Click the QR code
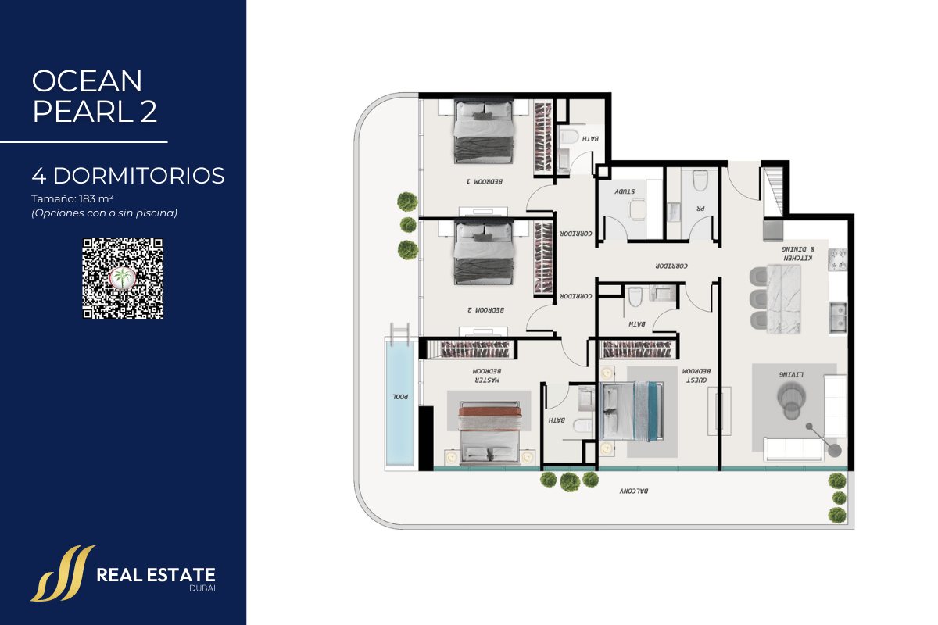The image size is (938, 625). click(123, 278)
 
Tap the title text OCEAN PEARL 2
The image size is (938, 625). click(95, 96)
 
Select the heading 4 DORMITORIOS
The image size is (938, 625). click(128, 176)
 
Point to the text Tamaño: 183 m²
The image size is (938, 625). click(73, 198)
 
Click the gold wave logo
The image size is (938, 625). click(63, 573)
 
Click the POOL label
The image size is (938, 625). click(400, 396)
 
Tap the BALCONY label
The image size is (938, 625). click(634, 491)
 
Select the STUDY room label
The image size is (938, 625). click(625, 191)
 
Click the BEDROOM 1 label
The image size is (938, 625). click(485, 181)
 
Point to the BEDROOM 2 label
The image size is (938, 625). click(485, 310)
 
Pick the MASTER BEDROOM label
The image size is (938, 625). click(487, 376)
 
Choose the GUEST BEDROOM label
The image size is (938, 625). click(696, 376)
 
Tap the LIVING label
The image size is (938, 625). click(791, 374)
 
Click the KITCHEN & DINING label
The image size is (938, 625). click(798, 254)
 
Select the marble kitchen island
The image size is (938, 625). click(784, 299)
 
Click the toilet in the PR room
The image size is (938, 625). click(700, 180)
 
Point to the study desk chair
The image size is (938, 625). click(636, 209)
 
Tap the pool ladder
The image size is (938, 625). click(400, 334)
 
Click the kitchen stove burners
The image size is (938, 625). click(837, 259)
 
